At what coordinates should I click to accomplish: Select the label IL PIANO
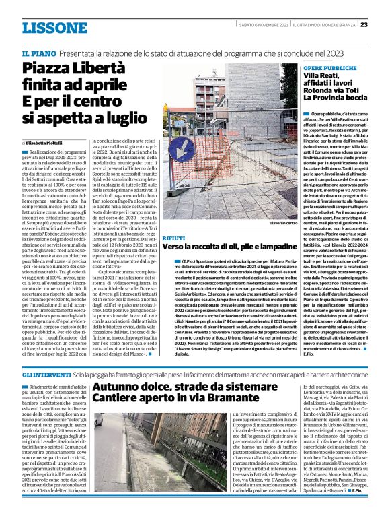pyautogui.click(x=38, y=52)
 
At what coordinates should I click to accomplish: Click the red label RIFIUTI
pyautogui.click(x=175, y=238)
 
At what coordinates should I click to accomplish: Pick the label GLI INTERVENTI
pyautogui.click(x=45, y=374)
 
